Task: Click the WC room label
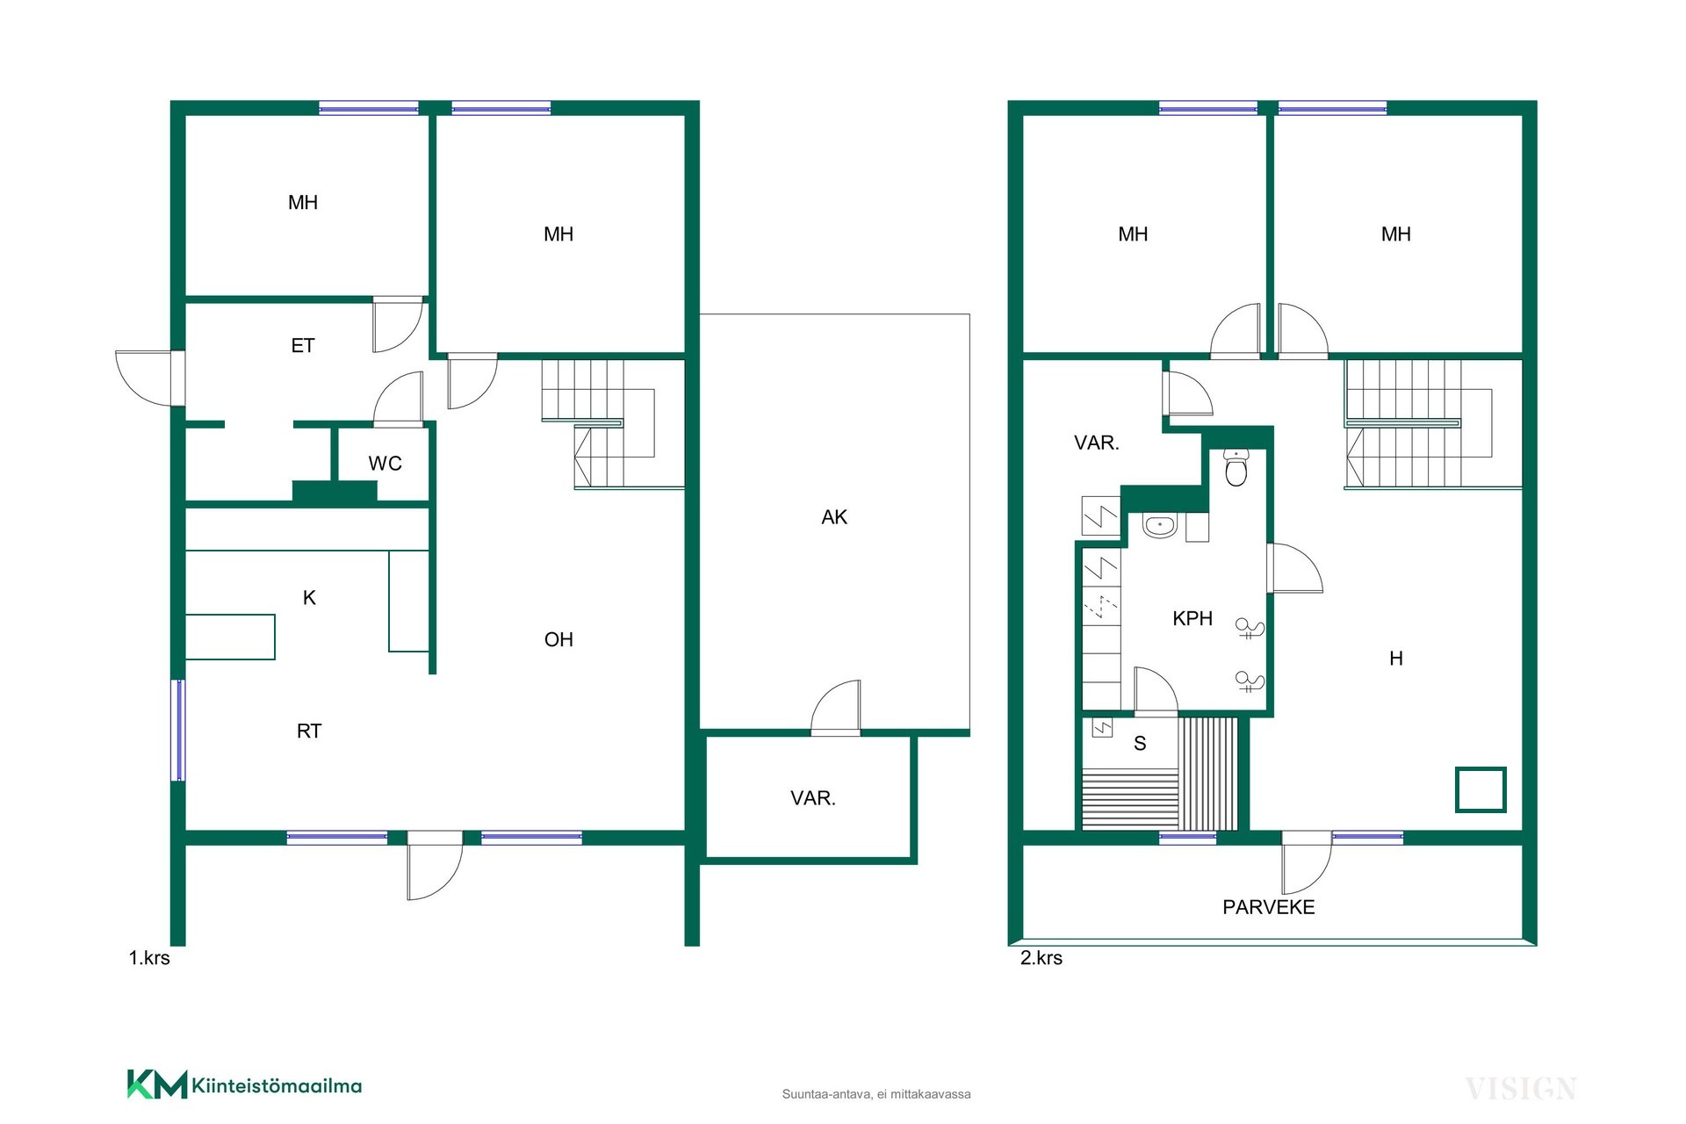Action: coord(385,464)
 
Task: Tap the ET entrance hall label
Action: coord(303,346)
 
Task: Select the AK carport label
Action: coord(834,517)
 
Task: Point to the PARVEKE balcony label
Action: coord(1268,907)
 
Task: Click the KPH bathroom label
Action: coord(1192,618)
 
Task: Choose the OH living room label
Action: coord(558,639)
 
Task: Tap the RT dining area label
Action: coord(309,731)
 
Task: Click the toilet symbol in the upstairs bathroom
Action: coord(1236,468)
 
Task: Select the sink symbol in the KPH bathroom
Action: coord(1160,526)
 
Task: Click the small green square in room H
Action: coord(1481,789)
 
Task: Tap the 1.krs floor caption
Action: coord(149,958)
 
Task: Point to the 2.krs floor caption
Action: coord(1041,958)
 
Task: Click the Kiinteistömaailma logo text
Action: coord(277,1086)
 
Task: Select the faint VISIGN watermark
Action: coord(1521,1089)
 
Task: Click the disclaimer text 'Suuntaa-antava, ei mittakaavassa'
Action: coord(876,1094)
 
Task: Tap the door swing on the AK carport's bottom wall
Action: coord(836,707)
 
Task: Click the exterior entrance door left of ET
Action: coord(150,378)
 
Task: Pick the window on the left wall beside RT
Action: coord(178,730)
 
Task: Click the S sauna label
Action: coord(1140,744)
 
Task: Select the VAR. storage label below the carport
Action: coord(813,798)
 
